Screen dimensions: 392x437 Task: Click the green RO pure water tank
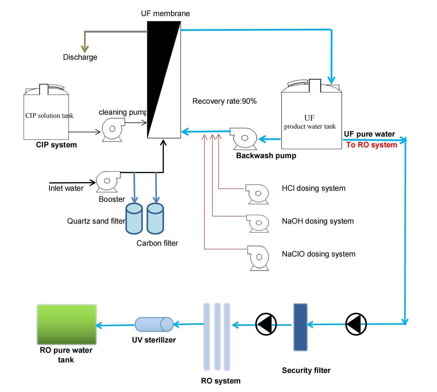tap(67, 324)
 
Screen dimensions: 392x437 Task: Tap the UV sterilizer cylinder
tap(154, 324)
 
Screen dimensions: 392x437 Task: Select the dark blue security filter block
tap(300, 327)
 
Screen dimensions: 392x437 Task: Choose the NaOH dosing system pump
tap(258, 223)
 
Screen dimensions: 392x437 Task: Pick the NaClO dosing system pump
tap(258, 258)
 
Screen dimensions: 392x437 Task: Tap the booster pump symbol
tap(108, 181)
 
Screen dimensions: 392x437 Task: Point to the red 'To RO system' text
tap(371, 145)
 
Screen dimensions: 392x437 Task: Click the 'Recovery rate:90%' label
tap(224, 101)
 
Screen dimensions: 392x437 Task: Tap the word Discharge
tap(80, 57)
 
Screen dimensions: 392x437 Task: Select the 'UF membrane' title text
tap(165, 14)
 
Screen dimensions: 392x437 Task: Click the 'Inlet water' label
tap(66, 188)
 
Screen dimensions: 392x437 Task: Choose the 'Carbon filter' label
tap(157, 243)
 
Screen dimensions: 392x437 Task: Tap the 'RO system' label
tap(221, 381)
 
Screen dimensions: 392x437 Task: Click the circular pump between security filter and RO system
tap(266, 324)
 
